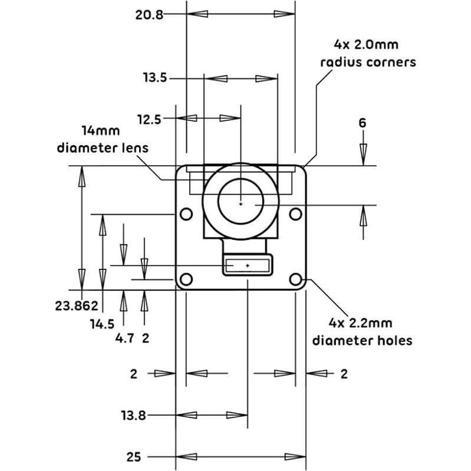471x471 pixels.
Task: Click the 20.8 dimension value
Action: pos(149,15)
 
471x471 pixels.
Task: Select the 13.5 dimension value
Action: pos(155,78)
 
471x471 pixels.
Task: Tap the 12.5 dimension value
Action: pos(149,120)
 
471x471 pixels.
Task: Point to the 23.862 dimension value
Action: pos(77,306)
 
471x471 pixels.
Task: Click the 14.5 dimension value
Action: pos(103,324)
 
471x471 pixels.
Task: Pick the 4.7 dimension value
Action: pos(124,338)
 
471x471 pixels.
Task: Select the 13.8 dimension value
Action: pos(134,416)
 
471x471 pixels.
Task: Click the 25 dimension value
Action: pos(134,457)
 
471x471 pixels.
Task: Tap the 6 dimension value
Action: pos(363,123)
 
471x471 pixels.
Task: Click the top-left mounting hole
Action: pos(186,214)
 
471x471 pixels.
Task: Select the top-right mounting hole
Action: pos(295,214)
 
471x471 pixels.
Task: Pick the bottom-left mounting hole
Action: pos(186,279)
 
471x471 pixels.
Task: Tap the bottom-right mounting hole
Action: pos(295,279)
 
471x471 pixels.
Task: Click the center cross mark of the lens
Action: pos(241,204)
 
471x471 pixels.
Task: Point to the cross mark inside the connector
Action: pos(248,266)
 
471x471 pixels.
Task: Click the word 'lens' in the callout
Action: pos(137,148)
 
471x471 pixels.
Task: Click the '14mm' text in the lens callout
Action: pos(101,131)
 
